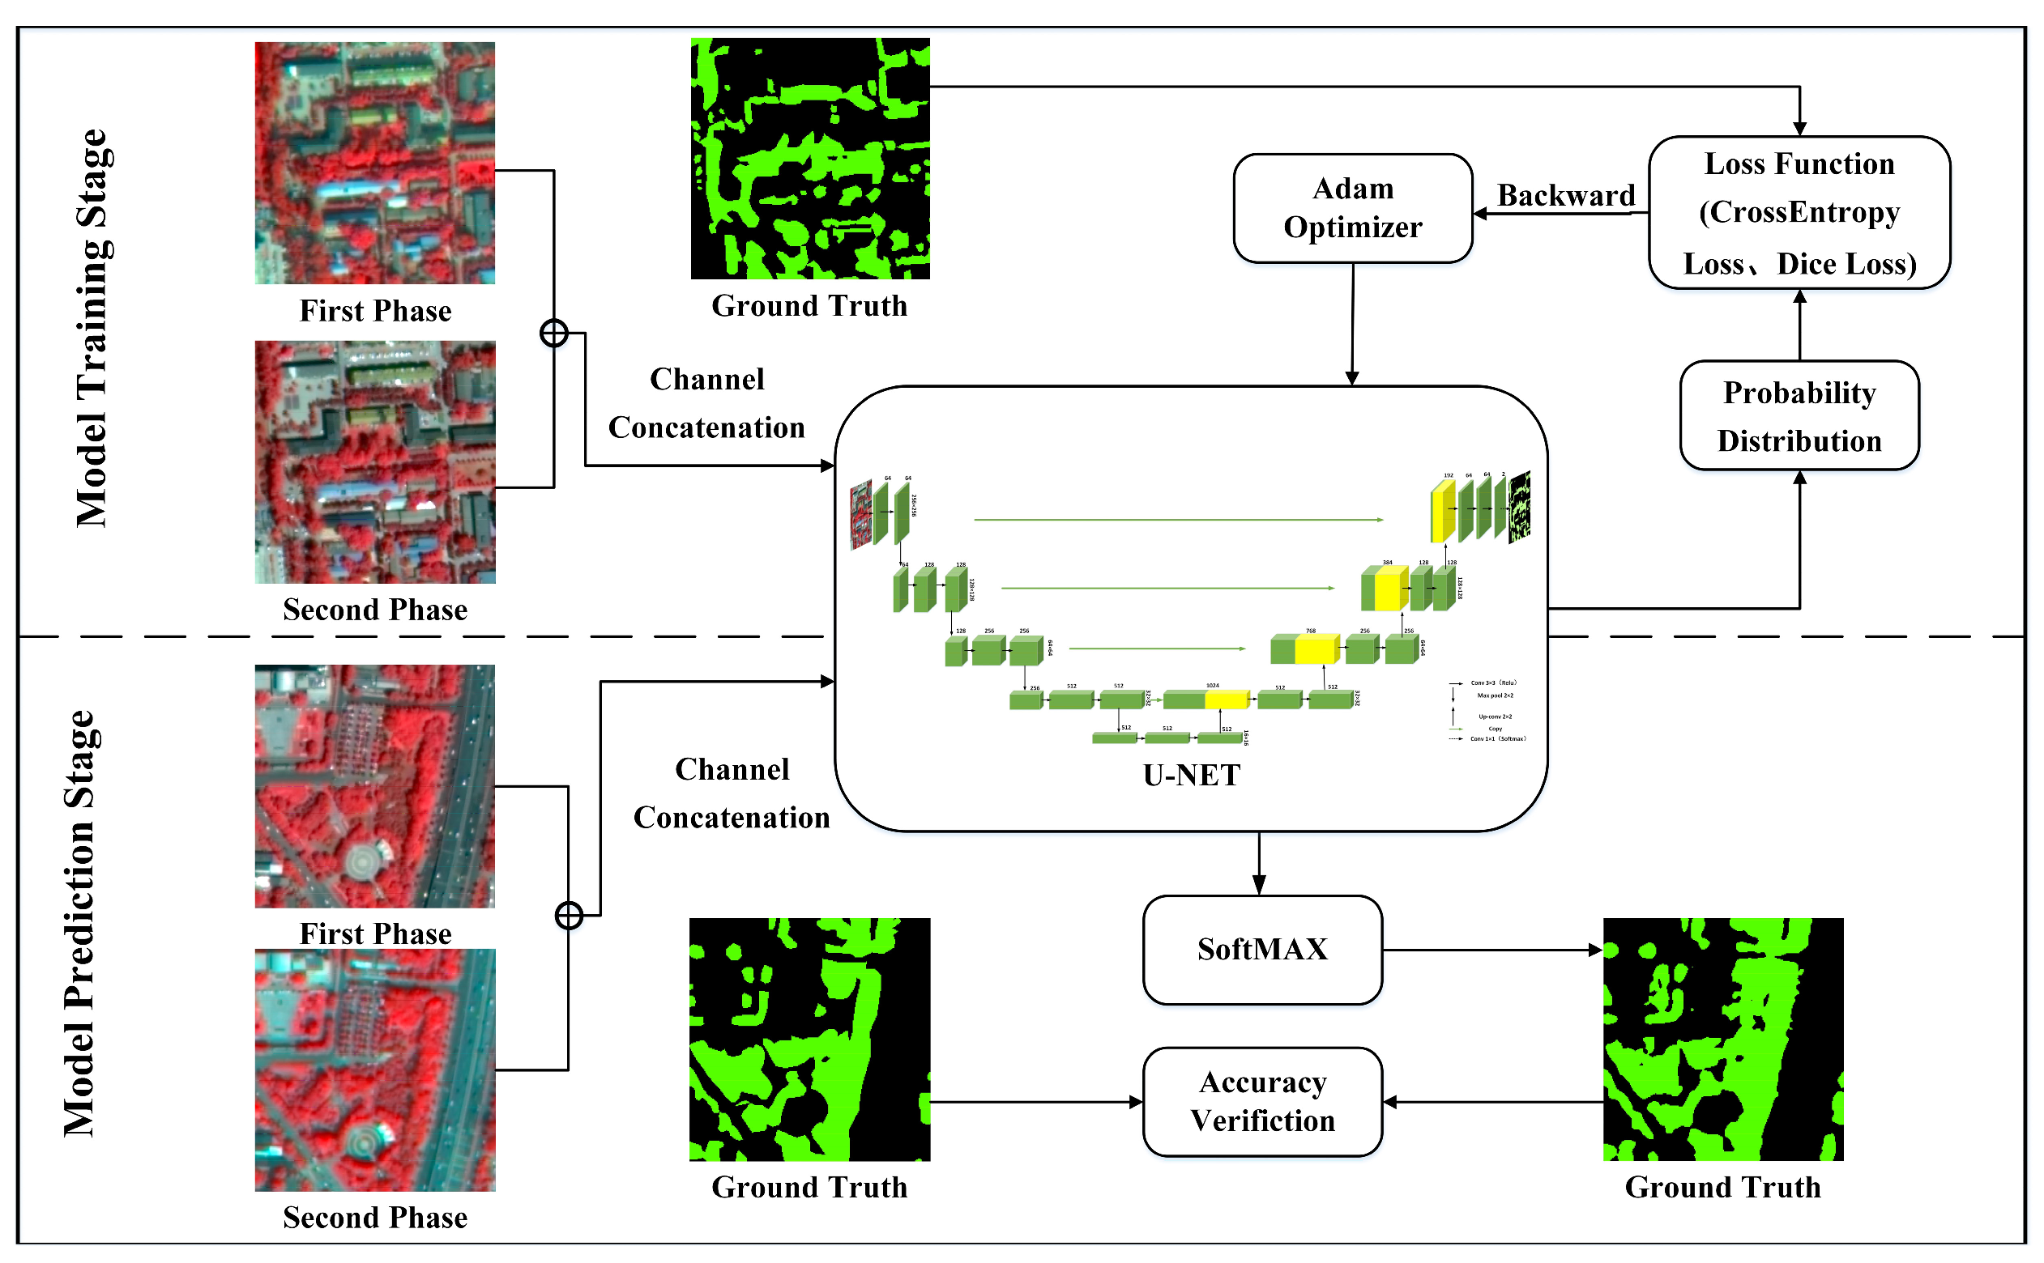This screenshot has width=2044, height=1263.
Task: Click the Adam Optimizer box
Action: coord(1352,208)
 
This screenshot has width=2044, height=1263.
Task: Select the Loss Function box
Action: coord(1799,213)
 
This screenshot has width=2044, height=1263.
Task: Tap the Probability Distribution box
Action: coord(1799,416)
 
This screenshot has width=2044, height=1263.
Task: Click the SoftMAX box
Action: coord(1262,950)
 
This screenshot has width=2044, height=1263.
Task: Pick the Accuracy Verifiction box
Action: coord(1262,1102)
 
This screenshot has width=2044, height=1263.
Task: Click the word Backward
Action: coord(1565,195)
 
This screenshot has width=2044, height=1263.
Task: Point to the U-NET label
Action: coord(1191,775)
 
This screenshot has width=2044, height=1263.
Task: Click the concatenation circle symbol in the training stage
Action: coord(553,334)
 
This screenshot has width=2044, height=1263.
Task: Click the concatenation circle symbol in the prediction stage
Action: coord(568,916)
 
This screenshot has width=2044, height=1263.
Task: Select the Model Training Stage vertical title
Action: coord(91,327)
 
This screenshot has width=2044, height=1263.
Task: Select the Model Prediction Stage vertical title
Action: coord(79,923)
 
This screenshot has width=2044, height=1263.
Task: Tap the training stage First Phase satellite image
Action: coord(374,163)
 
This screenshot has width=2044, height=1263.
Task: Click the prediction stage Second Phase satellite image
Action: coord(374,1070)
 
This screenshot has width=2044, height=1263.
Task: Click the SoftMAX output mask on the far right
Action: coord(1722,1039)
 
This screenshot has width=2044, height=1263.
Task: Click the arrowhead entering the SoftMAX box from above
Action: coord(1258,885)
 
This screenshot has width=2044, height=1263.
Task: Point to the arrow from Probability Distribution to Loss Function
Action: coord(1799,325)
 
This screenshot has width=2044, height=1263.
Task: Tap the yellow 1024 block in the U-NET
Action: coord(1226,700)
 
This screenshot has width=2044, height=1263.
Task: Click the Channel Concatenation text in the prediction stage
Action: coord(732,793)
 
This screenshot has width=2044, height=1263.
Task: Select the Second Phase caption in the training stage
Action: coord(374,610)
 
